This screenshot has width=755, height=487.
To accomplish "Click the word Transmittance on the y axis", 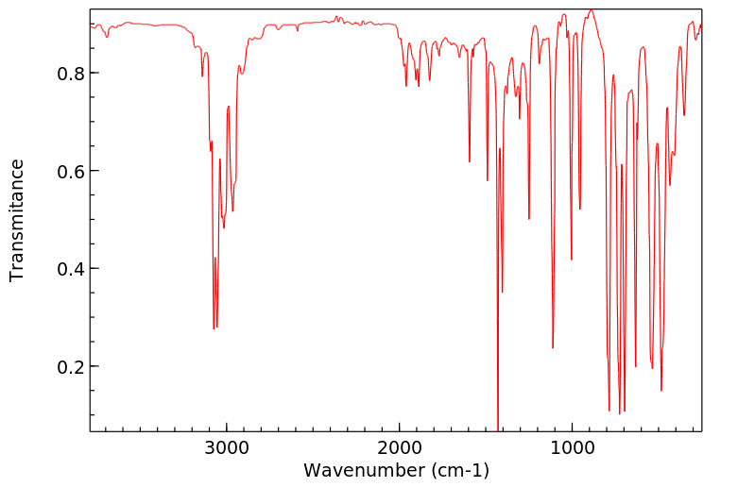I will click(x=17, y=220).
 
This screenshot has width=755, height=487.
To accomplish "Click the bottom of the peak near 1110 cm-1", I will click(x=553, y=348).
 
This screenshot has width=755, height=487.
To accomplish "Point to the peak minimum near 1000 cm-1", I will click(x=572, y=260).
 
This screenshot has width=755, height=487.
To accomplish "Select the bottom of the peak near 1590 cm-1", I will click(x=470, y=161).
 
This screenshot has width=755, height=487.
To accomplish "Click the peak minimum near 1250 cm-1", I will click(x=529, y=219).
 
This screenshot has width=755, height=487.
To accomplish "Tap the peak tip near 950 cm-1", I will click(x=580, y=209).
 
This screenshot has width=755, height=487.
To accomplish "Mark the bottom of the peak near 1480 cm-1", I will click(x=488, y=180).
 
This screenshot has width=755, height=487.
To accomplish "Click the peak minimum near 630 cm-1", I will click(x=636, y=366).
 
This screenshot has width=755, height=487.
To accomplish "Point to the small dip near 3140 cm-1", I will click(x=202, y=76).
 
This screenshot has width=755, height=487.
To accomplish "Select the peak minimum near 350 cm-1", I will click(x=684, y=115).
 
